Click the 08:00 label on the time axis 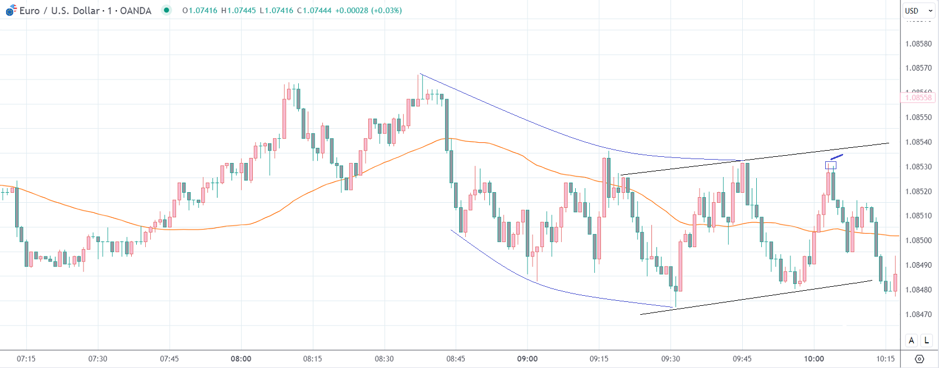coord(241,358)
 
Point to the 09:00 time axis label coord(528,358)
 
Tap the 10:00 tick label coord(814,358)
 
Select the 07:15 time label coord(26,358)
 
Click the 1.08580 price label coord(918,44)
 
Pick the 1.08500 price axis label coord(918,240)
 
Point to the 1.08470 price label coord(918,314)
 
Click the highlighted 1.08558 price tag coord(918,97)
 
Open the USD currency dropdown coord(918,11)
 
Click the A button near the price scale coord(912,340)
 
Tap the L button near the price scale coord(927,340)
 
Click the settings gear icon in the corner coord(919,358)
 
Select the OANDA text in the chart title coord(136,11)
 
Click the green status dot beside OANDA coord(166,10)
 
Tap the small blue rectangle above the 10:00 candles coord(830,165)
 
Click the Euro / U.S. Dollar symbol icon coord(11,10)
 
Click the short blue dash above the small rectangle coord(836,157)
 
